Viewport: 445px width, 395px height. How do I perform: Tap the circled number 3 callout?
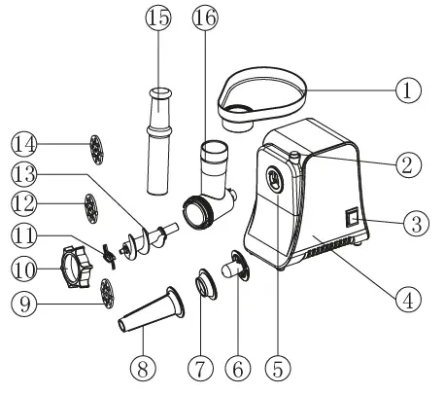coord(416,223)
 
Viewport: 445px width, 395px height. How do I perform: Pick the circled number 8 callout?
coord(143,369)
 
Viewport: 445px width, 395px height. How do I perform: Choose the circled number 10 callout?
coord(24,267)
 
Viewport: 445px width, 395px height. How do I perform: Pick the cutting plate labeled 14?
coord(94,149)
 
